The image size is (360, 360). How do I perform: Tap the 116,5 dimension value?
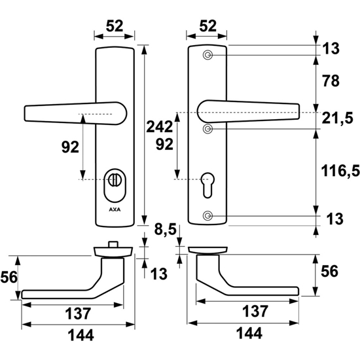click(338, 171)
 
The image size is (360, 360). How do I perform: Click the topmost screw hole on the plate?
click(207, 56)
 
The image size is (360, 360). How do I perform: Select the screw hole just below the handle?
click(207, 130)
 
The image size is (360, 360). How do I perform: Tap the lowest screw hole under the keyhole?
click(207, 215)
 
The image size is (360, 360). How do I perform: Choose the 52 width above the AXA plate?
click(115, 26)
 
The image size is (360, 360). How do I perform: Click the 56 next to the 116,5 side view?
click(331, 270)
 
